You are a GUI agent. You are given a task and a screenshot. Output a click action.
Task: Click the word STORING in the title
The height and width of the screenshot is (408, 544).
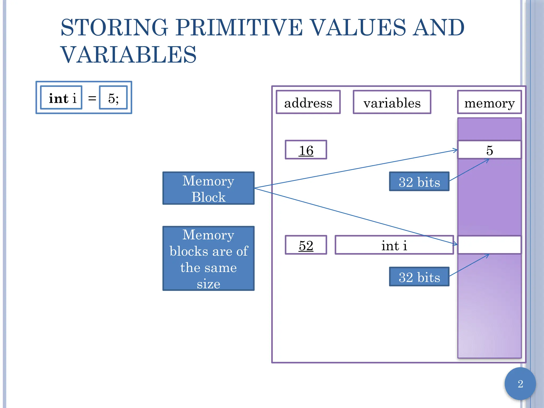point(114,28)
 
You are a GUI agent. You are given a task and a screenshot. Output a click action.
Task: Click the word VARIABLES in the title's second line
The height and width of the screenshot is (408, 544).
point(129,55)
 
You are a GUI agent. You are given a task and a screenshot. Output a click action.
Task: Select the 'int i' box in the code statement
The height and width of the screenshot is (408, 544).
point(61,98)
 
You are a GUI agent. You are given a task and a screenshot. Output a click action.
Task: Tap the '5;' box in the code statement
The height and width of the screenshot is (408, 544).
point(113,98)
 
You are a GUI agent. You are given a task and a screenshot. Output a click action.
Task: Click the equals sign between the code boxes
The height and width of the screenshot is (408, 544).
point(92,98)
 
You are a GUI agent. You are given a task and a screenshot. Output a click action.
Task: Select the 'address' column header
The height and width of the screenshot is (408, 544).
point(308,102)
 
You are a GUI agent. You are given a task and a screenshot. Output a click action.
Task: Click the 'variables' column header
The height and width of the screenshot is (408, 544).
point(392,102)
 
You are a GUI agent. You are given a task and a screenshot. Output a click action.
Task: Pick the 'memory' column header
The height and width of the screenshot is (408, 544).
point(489,102)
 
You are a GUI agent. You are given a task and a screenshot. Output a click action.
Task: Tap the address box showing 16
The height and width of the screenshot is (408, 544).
point(306,150)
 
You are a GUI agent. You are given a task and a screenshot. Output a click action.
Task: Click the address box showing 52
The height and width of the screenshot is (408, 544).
point(306,245)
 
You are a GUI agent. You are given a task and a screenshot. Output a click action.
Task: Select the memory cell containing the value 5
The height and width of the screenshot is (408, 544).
point(489,150)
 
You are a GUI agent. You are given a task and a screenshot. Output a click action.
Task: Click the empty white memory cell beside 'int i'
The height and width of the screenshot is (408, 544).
point(489,245)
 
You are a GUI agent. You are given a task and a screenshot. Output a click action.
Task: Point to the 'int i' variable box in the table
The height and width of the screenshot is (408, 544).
point(394,245)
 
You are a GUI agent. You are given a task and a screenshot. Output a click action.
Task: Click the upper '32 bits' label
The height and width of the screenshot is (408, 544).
point(419,182)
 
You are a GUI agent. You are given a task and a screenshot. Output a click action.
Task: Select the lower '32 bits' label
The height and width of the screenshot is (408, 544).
point(419,277)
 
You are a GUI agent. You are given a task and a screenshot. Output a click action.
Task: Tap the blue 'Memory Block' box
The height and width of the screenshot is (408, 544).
point(208,188)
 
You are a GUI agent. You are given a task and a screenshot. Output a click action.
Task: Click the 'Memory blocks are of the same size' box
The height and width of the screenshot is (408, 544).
point(208,258)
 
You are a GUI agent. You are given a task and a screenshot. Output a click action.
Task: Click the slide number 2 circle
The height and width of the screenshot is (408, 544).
point(520,384)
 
